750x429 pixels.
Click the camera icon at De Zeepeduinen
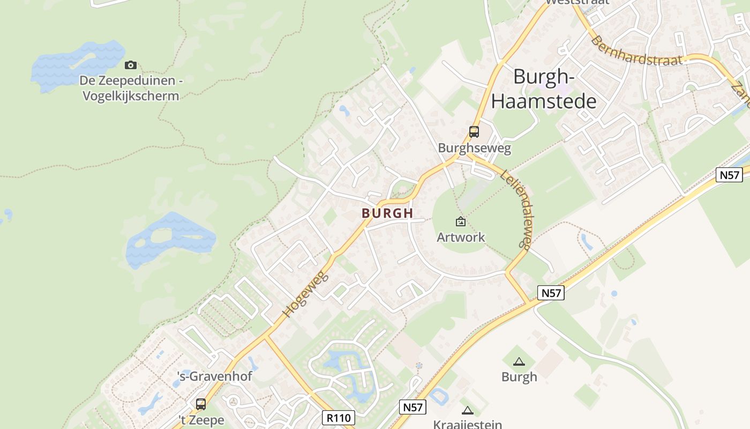coord(130,65)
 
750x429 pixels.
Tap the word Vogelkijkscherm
coord(131,96)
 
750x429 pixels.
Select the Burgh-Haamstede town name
coord(544,89)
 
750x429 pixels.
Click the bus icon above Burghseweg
coord(474,131)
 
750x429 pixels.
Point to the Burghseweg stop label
coord(474,147)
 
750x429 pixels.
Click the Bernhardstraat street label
coord(637,51)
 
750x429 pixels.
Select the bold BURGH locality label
coord(387,213)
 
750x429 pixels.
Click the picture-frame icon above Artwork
coord(460,221)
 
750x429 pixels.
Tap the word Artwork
coord(461,237)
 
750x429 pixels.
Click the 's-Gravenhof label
coord(214,376)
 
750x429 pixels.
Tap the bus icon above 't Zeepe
coord(201,404)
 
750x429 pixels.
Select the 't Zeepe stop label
coord(201,420)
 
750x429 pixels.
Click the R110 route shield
coord(339,417)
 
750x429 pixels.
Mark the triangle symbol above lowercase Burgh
coord(519,362)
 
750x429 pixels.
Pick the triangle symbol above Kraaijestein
coord(468,410)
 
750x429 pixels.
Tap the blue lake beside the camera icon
coord(75,64)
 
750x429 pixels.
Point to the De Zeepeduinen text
coord(131,81)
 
